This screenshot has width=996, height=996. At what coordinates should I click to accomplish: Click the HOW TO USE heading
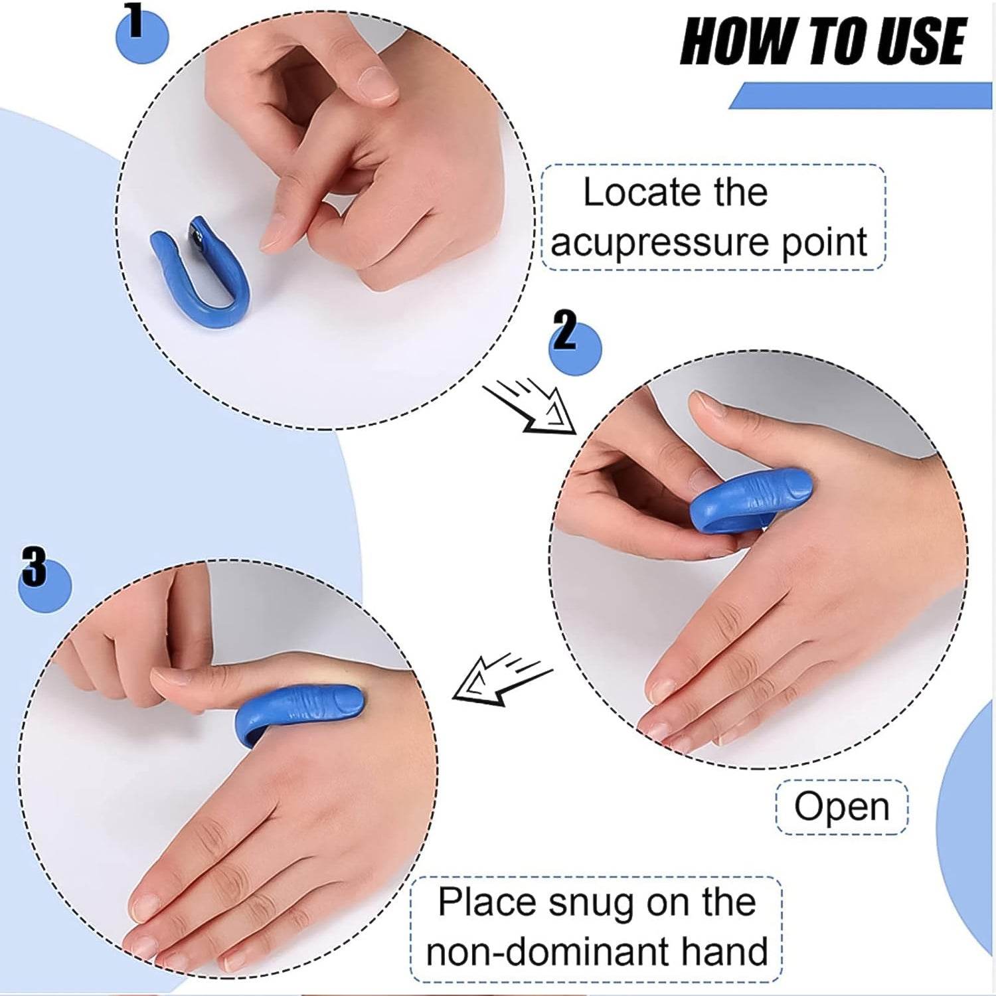823,41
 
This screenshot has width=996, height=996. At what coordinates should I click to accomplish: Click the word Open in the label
841,807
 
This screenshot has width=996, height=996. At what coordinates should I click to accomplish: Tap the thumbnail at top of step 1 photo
378,83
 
